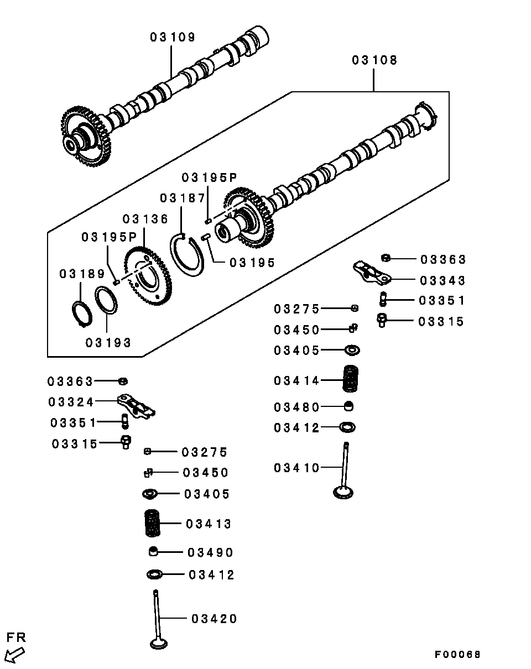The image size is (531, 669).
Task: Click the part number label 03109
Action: click(x=173, y=37)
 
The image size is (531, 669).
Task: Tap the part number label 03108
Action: click(x=374, y=60)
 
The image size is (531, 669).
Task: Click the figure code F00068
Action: click(x=457, y=655)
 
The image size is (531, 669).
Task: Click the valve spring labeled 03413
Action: click(x=153, y=523)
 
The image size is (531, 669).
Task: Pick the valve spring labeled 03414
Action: click(x=350, y=378)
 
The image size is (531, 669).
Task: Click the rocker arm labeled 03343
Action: click(x=372, y=273)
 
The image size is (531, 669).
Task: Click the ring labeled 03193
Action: click(x=106, y=300)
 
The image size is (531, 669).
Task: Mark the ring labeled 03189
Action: click(x=82, y=314)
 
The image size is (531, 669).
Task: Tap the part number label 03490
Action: click(x=210, y=552)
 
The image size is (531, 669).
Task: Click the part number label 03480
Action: click(x=296, y=407)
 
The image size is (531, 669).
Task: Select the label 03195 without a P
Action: click(x=252, y=263)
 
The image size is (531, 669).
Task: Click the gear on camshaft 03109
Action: click(x=86, y=136)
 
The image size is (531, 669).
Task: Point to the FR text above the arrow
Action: click(x=16, y=637)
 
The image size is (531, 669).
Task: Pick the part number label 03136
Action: click(x=145, y=219)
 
